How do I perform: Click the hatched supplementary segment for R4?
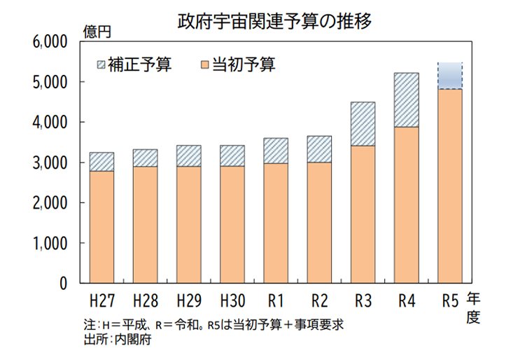[x=406, y=99]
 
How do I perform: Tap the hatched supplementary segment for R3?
[x=363, y=123]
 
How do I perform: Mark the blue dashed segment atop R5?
[x=449, y=76]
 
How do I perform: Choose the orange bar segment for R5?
[x=449, y=186]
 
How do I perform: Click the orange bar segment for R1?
[x=276, y=223]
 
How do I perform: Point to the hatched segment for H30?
[x=232, y=155]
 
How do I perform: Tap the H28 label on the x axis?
[x=145, y=302]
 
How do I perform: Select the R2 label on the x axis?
[x=319, y=302]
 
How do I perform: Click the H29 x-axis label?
[x=188, y=302]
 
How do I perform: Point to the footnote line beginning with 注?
[x=213, y=326]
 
